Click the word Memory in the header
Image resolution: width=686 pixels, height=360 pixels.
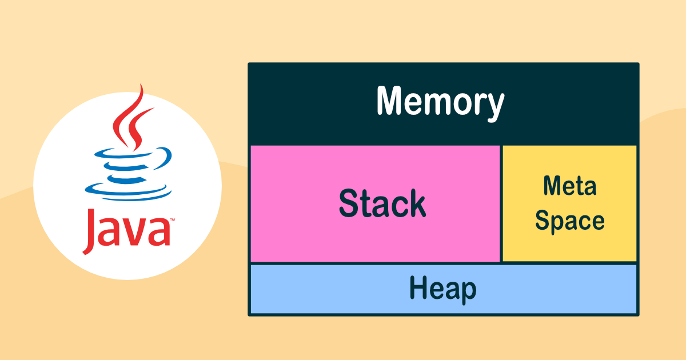[440, 102]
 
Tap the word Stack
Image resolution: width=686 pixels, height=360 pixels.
[382, 203]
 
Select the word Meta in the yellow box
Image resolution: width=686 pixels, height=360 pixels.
[570, 186]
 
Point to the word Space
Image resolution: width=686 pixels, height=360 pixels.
[569, 221]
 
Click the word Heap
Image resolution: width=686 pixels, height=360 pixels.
[443, 289]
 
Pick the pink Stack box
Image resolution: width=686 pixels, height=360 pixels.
[375, 203]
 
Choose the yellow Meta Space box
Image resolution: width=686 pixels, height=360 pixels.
[569, 203]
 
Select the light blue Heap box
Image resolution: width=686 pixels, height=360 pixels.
[444, 289]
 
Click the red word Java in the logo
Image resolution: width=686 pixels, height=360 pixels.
[126, 231]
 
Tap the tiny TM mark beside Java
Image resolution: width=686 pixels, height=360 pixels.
[173, 219]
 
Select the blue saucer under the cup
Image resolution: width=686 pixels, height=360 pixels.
[128, 192]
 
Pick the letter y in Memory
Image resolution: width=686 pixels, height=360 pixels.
[493, 107]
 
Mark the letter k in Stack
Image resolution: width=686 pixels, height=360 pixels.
[417, 203]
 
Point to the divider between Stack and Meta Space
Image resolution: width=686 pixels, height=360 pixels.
[501, 203]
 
